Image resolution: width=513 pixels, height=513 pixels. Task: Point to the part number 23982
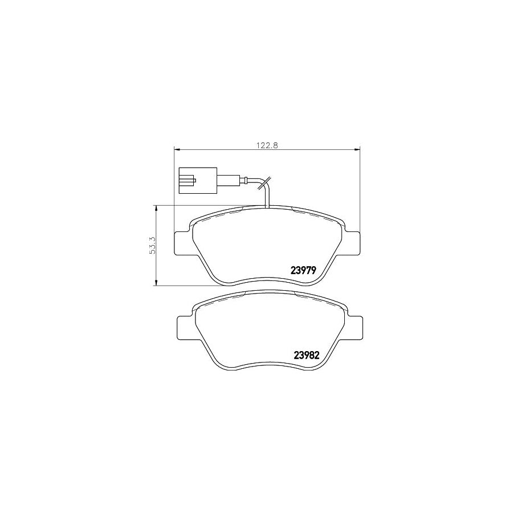click(305, 355)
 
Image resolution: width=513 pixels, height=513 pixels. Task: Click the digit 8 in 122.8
click(275, 145)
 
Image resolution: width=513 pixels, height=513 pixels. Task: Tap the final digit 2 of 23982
click(314, 355)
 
